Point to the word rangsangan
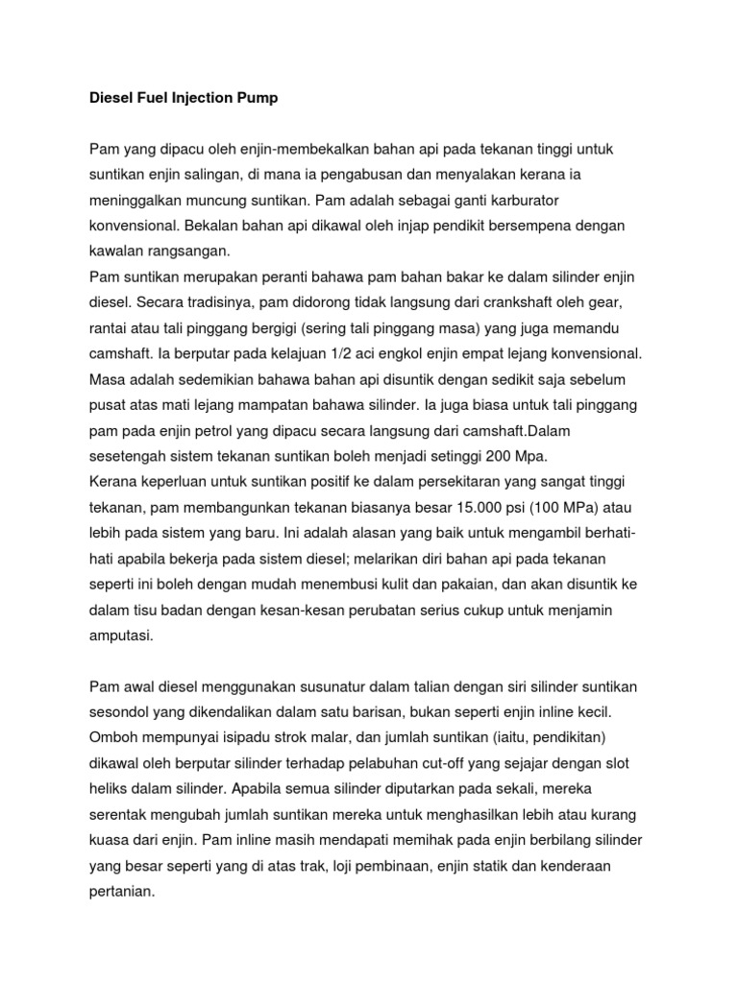[x=190, y=252]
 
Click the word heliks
[x=110, y=789]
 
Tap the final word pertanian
[x=121, y=889]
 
